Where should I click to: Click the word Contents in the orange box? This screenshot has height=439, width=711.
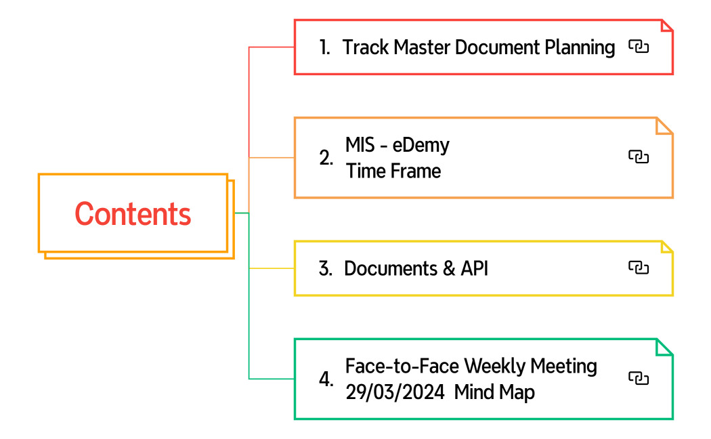coord(133,214)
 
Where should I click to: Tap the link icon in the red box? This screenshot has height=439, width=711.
coord(638,47)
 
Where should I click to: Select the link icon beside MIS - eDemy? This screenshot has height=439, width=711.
coord(638,157)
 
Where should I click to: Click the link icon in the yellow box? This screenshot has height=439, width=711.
coord(638,268)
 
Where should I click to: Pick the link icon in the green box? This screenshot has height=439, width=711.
coord(638,378)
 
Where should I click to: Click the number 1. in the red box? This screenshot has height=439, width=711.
coord(325,47)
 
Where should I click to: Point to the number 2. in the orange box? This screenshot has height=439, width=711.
coord(326,158)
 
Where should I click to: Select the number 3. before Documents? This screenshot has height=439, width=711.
coord(325,268)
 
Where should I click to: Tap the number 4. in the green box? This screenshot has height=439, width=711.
coord(326,379)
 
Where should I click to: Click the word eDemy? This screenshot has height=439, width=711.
coord(421,145)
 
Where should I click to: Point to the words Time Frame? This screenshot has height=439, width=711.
coord(393,171)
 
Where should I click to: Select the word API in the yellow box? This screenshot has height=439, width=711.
coord(474,268)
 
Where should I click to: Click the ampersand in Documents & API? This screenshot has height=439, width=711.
coord(448,268)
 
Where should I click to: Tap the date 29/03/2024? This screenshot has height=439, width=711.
coord(395,392)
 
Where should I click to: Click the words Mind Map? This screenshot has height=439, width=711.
coord(494,392)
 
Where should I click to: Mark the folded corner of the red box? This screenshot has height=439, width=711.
coord(666,26)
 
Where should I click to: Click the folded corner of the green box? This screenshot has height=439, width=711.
coord(665,346)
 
